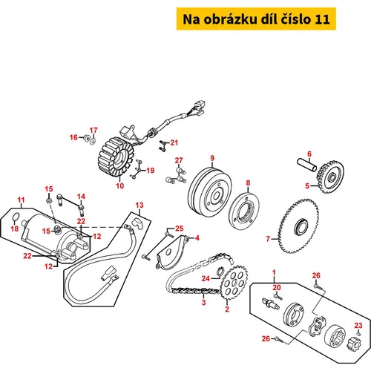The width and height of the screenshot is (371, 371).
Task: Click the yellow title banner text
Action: pos(256,19)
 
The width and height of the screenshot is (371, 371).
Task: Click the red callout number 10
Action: pos(120,185)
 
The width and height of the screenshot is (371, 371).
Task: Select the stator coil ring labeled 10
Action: pos(116,157)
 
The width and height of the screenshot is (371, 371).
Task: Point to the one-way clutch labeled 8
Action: pos(244,211)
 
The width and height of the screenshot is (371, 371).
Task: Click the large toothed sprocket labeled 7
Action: pos(298,226)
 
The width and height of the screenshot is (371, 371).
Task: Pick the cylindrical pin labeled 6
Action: pos(306,165)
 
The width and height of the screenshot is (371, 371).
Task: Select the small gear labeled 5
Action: pos(330,177)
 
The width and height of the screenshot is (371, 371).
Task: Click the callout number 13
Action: pos(139,205)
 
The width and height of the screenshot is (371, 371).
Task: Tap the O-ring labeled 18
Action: pos(15,217)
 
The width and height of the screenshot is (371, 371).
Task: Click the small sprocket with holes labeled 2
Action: pos(234,282)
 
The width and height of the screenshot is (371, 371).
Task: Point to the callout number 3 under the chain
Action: pos(203,302)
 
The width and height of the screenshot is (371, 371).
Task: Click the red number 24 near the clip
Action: pos(206,278)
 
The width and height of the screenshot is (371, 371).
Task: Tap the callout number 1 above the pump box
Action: pos(274,272)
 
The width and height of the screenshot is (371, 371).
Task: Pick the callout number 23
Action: pos(358,325)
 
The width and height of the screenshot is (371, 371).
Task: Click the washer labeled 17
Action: pos(93,142)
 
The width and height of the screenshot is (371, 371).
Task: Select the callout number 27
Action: pos(179,160)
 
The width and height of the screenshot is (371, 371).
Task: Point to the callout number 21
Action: pos(174,142)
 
